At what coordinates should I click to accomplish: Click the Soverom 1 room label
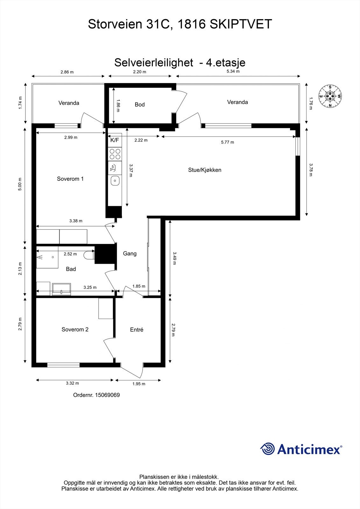click(70, 179)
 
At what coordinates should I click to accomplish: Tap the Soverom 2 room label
click(75, 330)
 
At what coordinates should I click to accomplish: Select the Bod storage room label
click(139, 105)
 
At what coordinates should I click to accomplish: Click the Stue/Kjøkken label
click(204, 170)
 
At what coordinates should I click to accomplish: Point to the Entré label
click(137, 330)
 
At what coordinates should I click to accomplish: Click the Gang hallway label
click(130, 254)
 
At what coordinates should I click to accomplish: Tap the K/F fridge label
click(115, 140)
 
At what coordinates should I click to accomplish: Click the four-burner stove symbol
click(115, 154)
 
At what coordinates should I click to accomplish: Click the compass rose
click(330, 96)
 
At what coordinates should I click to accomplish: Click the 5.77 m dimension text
click(227, 142)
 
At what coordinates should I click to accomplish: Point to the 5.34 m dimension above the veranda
click(233, 71)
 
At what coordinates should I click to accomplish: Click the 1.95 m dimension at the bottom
click(139, 384)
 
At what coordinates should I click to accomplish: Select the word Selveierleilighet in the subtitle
click(153, 62)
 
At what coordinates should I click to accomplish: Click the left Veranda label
click(69, 103)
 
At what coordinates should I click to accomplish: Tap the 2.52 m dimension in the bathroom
click(70, 254)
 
